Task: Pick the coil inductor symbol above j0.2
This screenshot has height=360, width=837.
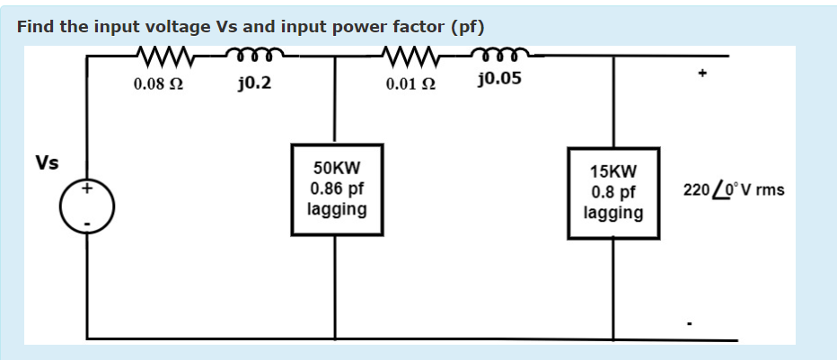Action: tap(254, 57)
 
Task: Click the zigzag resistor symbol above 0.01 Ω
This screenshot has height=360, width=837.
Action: tap(410, 57)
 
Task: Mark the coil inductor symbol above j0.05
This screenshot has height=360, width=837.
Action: tap(500, 57)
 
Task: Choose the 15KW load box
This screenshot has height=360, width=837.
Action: tap(613, 192)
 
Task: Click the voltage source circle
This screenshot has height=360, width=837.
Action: tap(87, 206)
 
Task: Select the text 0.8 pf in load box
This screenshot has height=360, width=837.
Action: tap(613, 192)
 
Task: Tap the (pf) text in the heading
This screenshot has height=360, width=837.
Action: tap(466, 26)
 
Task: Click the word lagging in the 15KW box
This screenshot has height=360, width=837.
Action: tap(613, 213)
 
